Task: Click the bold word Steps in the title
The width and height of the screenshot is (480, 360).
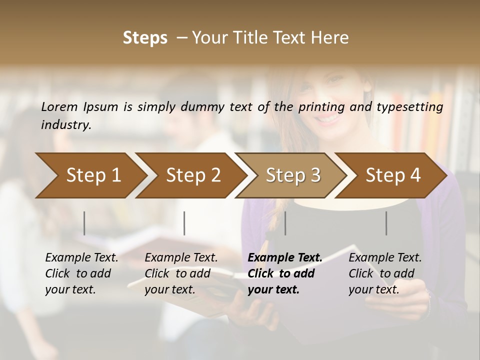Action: [x=145, y=38]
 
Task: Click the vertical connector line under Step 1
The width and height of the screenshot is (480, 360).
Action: [x=84, y=223]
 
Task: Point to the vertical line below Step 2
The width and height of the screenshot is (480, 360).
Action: [x=184, y=223]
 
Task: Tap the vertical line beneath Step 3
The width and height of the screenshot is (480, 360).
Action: [x=285, y=223]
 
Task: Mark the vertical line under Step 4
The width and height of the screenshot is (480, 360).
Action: [x=386, y=223]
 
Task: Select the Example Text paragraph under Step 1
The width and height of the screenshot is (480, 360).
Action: [x=81, y=273]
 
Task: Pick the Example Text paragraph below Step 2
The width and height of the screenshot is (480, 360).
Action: [x=181, y=273]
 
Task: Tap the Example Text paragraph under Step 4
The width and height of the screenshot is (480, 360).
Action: [x=385, y=273]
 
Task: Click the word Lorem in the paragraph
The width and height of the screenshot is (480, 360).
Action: [x=59, y=106]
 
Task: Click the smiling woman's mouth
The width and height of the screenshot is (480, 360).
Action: [x=327, y=118]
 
